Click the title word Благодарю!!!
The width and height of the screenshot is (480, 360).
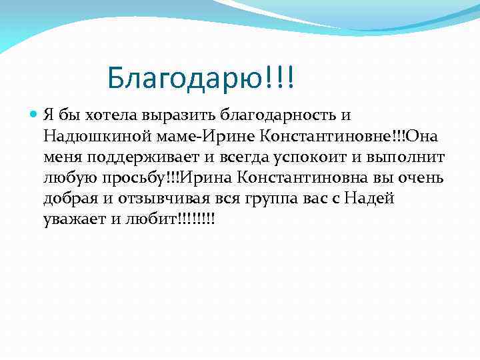tap(200, 80)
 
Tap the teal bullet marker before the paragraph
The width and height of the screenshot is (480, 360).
tap(35, 115)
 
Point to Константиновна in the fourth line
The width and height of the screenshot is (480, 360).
tap(293, 179)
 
